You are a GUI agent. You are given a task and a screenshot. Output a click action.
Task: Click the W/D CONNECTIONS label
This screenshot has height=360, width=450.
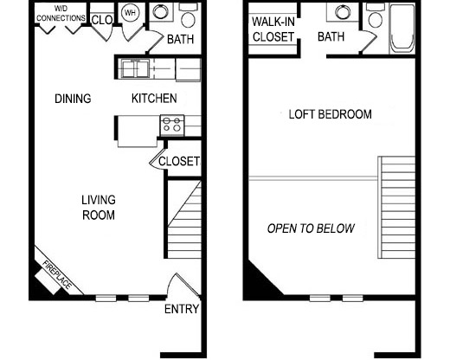[x=61, y=14]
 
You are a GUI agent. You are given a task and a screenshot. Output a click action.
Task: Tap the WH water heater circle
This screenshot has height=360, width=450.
[x=131, y=13]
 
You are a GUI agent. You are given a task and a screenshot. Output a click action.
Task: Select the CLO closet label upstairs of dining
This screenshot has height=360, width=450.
[x=102, y=19]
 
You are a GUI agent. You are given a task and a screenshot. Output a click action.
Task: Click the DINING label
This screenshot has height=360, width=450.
[x=72, y=99]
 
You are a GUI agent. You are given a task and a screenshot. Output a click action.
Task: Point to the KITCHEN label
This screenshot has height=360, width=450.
[x=154, y=99]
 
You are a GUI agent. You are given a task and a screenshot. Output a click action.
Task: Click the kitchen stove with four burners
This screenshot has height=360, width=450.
[x=171, y=125]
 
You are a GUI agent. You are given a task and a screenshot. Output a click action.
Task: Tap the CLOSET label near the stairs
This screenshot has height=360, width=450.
[x=180, y=162]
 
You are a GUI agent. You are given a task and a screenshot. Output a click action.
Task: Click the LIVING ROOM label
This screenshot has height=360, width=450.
[x=99, y=208]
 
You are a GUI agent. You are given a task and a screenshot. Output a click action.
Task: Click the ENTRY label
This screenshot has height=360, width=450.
[x=182, y=309]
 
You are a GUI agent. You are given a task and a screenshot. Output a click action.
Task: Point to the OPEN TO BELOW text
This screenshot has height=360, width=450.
[x=311, y=229]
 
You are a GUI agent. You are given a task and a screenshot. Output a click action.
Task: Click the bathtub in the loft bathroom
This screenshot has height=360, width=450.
[x=402, y=29]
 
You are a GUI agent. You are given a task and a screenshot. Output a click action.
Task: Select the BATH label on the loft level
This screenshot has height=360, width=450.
[x=331, y=37]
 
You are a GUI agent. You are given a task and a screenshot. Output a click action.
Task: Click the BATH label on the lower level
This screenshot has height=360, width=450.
[x=180, y=39]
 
